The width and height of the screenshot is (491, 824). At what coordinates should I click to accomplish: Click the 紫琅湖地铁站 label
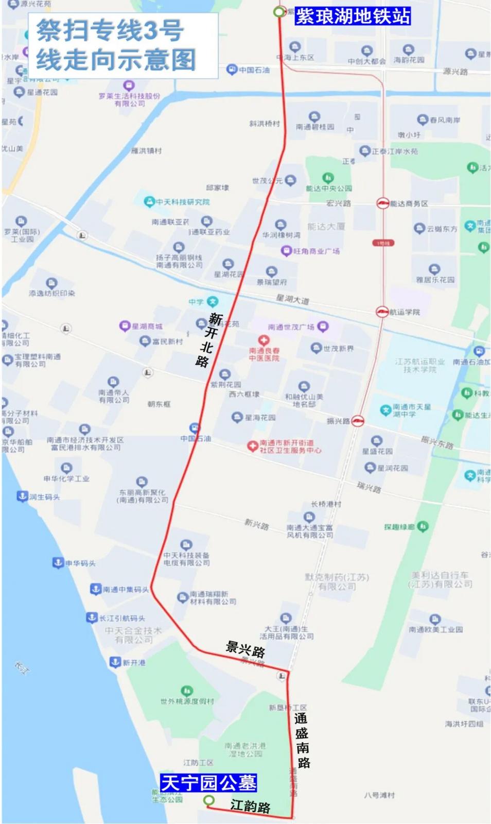click(353, 16)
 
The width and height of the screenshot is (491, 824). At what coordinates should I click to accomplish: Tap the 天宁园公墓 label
click(208, 783)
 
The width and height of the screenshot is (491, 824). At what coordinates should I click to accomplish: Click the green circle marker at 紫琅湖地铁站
click(279, 11)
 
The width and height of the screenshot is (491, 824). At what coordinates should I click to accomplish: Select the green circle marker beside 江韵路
click(208, 800)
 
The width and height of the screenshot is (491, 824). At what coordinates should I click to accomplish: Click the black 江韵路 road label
click(250, 805)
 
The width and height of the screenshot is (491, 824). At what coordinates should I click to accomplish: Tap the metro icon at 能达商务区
click(382, 203)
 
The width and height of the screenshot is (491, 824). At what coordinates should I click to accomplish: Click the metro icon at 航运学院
click(382, 311)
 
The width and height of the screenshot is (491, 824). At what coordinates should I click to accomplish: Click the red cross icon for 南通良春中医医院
click(264, 340)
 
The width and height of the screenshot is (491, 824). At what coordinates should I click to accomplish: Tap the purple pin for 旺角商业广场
click(286, 251)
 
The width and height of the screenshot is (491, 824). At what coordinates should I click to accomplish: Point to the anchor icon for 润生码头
click(22, 496)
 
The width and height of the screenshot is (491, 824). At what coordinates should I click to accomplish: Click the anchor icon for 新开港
click(115, 662)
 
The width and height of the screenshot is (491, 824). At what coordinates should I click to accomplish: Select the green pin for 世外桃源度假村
click(187, 691)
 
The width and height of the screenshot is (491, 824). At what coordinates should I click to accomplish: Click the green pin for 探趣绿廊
click(423, 526)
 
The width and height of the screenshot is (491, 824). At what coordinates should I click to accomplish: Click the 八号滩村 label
click(379, 795)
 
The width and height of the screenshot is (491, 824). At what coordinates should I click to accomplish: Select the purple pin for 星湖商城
click(125, 325)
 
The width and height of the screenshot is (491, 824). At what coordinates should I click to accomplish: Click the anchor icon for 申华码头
click(58, 562)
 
